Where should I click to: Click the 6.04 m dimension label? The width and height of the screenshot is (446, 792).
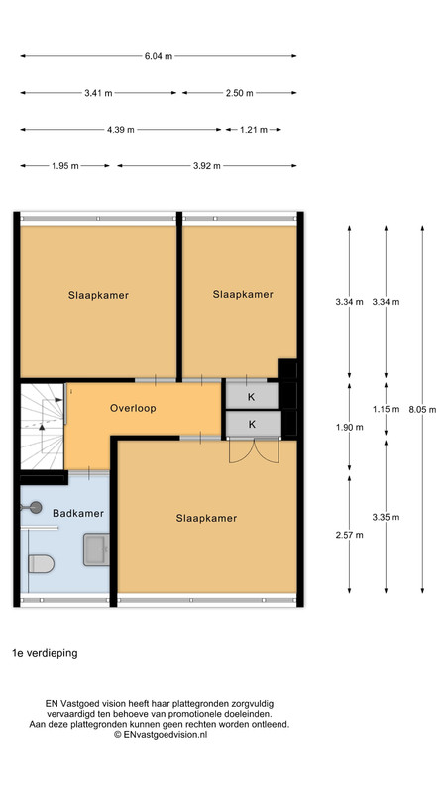[x=159, y=56]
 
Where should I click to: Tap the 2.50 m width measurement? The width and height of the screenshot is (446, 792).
[x=240, y=93]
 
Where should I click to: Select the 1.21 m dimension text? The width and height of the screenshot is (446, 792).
[x=254, y=130]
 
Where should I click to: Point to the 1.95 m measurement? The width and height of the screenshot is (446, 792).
[x=65, y=166]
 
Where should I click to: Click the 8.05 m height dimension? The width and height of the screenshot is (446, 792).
[x=422, y=410]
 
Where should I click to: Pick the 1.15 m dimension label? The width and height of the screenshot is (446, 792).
[x=386, y=409]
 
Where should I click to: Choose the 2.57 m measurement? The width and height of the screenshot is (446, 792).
[x=350, y=535]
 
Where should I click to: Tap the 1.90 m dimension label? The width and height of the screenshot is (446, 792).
[x=350, y=427]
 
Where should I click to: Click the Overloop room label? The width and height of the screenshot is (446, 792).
[x=133, y=408]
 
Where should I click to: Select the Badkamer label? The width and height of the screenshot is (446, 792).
[x=78, y=513]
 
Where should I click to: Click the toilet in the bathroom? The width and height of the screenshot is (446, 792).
[x=41, y=563]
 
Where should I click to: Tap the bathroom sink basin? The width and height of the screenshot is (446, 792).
[x=96, y=549]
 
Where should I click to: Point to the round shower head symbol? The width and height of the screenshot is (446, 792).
[x=35, y=507]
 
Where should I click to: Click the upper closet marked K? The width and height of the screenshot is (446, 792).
[x=252, y=396]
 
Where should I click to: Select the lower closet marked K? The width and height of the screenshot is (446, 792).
[x=253, y=424]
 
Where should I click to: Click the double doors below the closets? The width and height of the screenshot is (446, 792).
[x=254, y=451]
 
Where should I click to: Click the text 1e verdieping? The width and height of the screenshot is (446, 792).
[x=45, y=653]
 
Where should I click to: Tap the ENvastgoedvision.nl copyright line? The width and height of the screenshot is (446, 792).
[x=161, y=735]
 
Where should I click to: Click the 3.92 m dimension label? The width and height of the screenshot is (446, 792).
[x=207, y=166]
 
